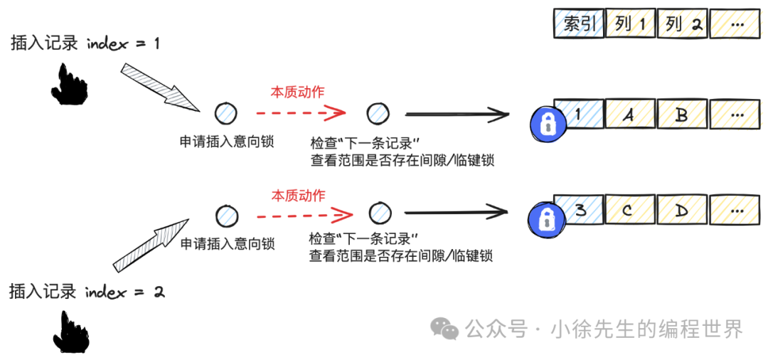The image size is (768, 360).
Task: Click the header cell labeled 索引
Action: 580,25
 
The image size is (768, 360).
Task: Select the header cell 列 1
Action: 631,25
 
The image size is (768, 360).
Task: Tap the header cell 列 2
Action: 683,25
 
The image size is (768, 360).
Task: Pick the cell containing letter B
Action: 681,115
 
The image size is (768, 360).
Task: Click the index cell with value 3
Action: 580,211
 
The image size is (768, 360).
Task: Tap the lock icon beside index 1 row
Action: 546,124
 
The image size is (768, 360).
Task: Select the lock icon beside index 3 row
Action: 545,220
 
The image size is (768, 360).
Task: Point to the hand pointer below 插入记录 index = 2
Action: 70,331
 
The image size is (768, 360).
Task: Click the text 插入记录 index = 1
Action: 85,43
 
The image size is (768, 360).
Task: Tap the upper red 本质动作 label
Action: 297,92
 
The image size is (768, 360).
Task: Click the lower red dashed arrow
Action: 304,213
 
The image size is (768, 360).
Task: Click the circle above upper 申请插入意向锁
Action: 226,113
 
